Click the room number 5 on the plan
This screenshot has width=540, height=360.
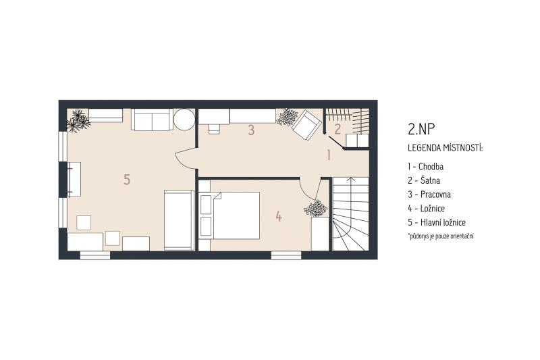tap(127, 180)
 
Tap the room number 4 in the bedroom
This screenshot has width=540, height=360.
tap(279, 216)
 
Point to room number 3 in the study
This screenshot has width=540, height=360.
tap(251, 130)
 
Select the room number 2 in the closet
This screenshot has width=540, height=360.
tap(338, 129)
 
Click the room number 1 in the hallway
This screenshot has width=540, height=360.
tap(329, 155)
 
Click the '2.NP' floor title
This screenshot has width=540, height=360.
tap(421, 129)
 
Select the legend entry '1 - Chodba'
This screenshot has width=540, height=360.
tap(426, 166)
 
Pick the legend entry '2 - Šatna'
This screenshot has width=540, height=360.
tap(424, 180)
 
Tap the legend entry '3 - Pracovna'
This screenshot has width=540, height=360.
tap(429, 195)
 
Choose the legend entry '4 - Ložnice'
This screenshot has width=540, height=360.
tap(427, 209)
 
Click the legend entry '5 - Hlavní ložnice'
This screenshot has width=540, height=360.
tap(437, 222)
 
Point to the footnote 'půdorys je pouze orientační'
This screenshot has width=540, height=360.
tap(441, 236)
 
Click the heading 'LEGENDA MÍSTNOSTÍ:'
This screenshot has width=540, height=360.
tap(446, 148)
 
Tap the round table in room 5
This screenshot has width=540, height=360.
tap(184, 119)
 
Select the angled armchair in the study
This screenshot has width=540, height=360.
tap(306, 125)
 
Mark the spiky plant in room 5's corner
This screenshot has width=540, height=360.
tap(78, 121)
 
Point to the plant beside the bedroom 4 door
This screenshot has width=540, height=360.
tap(315, 208)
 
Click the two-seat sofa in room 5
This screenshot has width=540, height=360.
tap(152, 120)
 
